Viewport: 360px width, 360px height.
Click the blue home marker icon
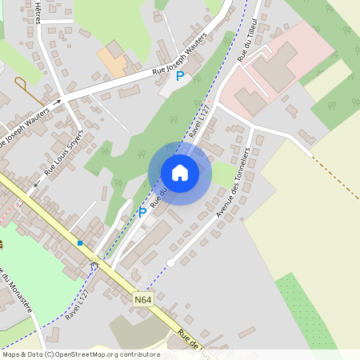(180, 173)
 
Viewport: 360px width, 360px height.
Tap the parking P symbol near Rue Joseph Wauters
(180, 76)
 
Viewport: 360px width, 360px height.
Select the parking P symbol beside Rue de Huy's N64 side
(142, 212)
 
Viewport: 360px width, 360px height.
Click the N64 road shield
(142, 300)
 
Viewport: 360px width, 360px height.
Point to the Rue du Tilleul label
(247, 39)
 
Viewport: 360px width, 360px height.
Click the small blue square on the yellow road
(80, 242)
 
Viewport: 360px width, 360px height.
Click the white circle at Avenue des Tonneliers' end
(170, 262)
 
